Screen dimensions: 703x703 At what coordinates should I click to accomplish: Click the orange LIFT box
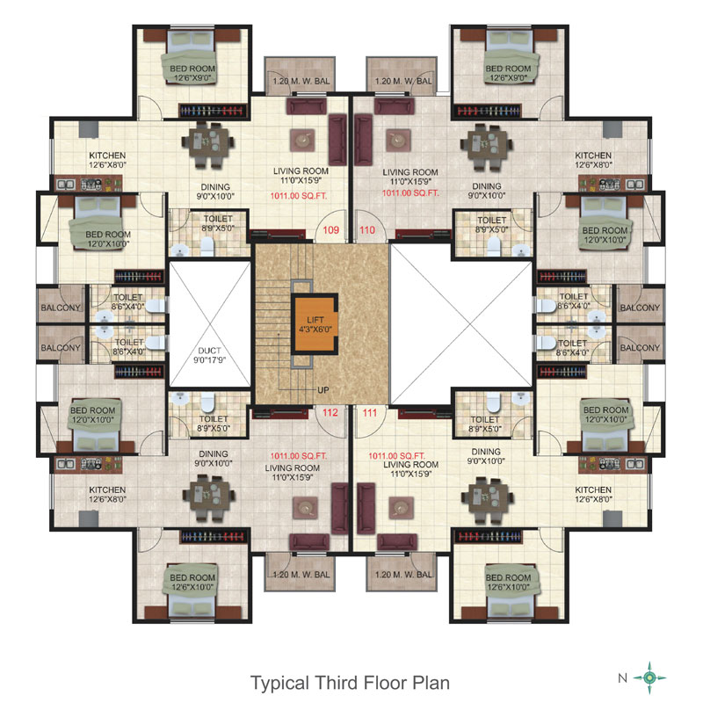coord(315,324)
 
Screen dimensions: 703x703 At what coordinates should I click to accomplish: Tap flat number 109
coord(331,230)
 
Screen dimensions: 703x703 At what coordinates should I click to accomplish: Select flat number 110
coord(367,230)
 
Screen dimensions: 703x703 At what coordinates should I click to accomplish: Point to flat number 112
coord(330,412)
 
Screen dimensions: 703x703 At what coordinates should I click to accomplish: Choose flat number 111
coord(370,413)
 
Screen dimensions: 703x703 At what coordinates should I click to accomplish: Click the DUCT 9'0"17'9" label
coord(209,355)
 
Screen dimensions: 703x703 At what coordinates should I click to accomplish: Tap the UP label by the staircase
coord(323,390)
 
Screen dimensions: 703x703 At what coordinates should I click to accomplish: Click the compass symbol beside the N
coord(649,678)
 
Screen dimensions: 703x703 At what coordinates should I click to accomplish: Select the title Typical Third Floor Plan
coord(350,683)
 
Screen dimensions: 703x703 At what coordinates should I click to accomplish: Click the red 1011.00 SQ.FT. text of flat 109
coord(299,196)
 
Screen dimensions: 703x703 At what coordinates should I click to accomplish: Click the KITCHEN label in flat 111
coord(593,490)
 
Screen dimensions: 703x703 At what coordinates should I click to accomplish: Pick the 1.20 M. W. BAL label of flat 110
coord(403,81)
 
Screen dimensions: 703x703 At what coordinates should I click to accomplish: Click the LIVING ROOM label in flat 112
coord(293,468)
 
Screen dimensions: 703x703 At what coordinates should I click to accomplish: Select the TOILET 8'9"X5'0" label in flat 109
coord(218,223)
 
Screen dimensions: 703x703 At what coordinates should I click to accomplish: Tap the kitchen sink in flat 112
coord(65,464)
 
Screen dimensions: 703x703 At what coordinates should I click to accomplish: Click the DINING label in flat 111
coord(487,452)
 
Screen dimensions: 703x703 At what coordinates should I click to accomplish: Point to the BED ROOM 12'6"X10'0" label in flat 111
coord(508,583)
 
